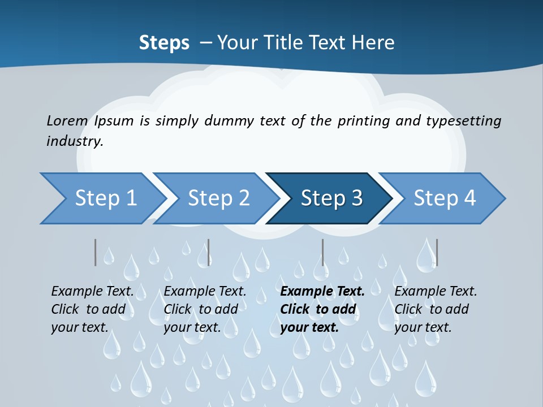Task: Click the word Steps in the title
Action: point(164,42)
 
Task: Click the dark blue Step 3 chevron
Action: point(331,198)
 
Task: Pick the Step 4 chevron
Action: point(445,198)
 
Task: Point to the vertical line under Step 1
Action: point(96,252)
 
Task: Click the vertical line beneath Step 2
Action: point(209,252)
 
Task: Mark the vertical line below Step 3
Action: point(323,252)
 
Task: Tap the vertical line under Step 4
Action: point(437,252)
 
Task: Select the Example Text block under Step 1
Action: point(92,309)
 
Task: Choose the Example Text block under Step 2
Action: point(205,309)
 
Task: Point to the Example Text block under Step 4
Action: point(436,309)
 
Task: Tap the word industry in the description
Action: point(74,141)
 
